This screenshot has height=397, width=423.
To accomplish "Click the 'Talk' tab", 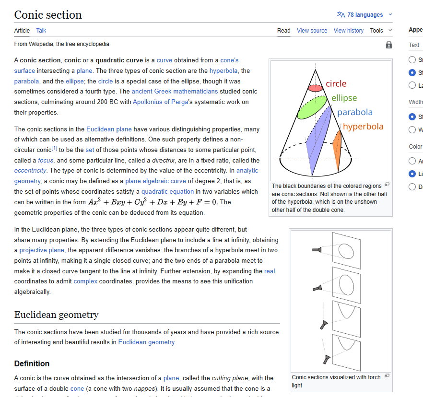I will [x=41, y=31].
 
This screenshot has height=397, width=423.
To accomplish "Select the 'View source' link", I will [x=312, y=31].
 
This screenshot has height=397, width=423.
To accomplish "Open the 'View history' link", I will [x=348, y=31].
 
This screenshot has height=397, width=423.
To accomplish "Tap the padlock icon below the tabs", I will [x=388, y=45].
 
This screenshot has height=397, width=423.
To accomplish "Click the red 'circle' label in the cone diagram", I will [x=336, y=83].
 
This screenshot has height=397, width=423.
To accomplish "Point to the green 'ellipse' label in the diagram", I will [x=344, y=98].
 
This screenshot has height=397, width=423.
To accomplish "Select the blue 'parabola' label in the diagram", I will [x=354, y=112].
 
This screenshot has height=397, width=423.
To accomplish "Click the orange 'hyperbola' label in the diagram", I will [x=363, y=127].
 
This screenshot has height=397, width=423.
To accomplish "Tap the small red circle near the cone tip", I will [x=315, y=88].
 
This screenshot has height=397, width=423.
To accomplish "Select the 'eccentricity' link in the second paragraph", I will [x=30, y=171].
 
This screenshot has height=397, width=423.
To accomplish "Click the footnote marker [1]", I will [x=54, y=149].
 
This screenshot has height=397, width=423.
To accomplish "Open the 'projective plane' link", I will [x=42, y=250].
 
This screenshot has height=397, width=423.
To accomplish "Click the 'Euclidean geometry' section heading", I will [x=56, y=315].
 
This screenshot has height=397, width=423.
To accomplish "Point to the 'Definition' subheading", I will [x=32, y=363].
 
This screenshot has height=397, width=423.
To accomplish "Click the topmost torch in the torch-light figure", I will [x=317, y=249].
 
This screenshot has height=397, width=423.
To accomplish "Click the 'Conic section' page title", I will [x=48, y=15].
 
